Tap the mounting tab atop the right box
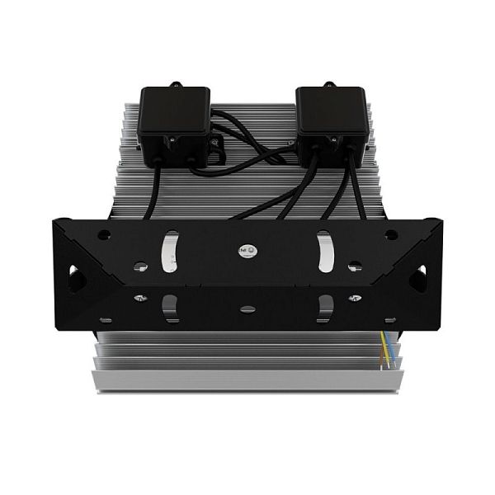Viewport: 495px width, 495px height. (x=328, y=83)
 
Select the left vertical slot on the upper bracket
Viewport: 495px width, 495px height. (x=168, y=247)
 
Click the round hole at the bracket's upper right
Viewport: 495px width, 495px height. (x=391, y=234)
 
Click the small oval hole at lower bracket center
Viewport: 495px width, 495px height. (x=246, y=309)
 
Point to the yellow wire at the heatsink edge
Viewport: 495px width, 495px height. (x=389, y=351)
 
